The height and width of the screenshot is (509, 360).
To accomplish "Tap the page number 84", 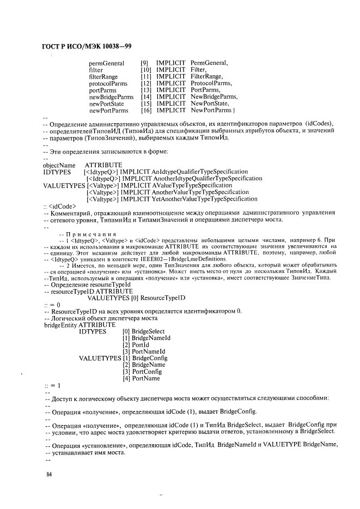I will pyautogui.click(x=48, y=475).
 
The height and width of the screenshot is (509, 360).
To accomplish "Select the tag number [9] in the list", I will pyautogui.click(x=144, y=63).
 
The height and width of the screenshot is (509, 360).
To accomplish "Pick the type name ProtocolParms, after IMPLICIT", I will pyautogui.click(x=211, y=83).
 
